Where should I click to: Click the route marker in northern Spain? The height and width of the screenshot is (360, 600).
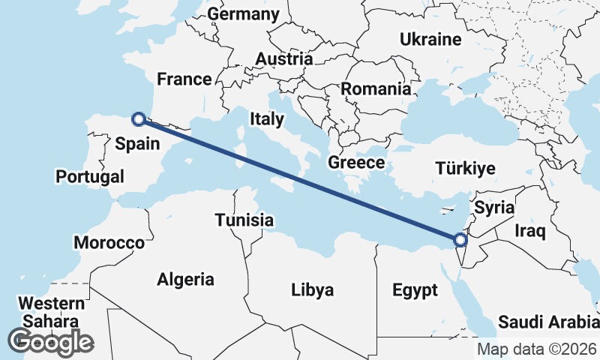pyautogui.click(x=138, y=118)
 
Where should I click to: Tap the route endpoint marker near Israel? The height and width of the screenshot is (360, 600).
pyautogui.click(x=460, y=240)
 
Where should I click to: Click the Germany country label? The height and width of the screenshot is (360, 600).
pyautogui.click(x=244, y=14)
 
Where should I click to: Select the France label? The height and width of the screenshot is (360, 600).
pyautogui.click(x=184, y=79)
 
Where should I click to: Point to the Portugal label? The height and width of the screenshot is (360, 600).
pyautogui.click(x=90, y=177)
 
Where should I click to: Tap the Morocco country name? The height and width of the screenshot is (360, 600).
pyautogui.click(x=109, y=243)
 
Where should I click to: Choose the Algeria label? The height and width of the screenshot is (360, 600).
pyautogui.click(x=185, y=280)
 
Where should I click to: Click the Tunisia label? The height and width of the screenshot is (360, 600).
pyautogui.click(x=244, y=220)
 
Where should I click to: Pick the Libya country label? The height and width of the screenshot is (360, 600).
pyautogui.click(x=313, y=289)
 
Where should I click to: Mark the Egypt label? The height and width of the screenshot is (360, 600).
pyautogui.click(x=415, y=289)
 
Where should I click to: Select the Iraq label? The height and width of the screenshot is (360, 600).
pyautogui.click(x=530, y=232)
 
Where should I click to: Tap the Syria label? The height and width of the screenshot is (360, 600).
pyautogui.click(x=494, y=208)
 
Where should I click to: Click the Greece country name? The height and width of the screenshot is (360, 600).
pyautogui.click(x=356, y=162)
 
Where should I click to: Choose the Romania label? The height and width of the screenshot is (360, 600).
pyautogui.click(x=376, y=89)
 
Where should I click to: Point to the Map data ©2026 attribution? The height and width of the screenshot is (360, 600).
pyautogui.click(x=535, y=349)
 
